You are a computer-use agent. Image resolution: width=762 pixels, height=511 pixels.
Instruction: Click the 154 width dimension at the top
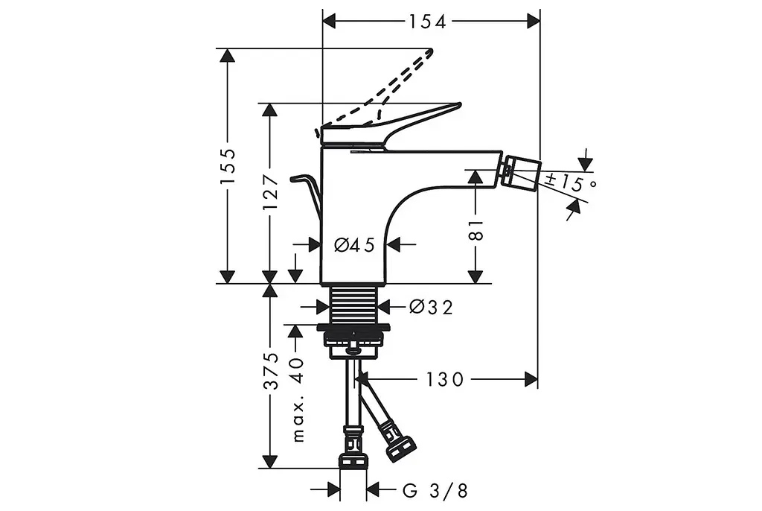(426, 22)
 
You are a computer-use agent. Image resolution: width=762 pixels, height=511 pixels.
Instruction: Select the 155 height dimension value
(228, 166)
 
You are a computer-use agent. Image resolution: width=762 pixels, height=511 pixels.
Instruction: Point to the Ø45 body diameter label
(355, 245)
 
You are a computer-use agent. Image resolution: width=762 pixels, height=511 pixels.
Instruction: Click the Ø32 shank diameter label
(432, 307)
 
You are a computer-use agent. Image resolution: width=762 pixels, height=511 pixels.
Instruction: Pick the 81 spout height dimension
(477, 229)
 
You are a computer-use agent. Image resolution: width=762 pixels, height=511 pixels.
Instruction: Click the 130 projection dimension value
(445, 379)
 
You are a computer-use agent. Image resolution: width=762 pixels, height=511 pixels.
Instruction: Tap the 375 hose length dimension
(271, 370)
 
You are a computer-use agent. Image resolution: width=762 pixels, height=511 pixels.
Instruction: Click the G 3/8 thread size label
(435, 491)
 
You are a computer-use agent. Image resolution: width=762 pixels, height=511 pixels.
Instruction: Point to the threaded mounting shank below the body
(353, 304)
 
